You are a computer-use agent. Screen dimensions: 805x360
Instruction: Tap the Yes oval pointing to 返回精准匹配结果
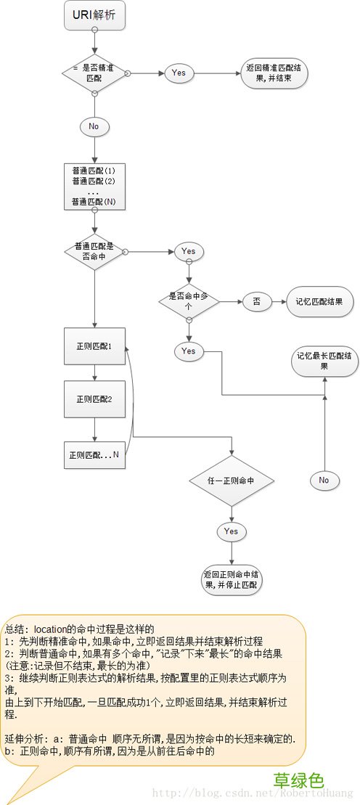click(179, 73)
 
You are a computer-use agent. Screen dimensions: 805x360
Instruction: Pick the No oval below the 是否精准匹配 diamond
click(94, 126)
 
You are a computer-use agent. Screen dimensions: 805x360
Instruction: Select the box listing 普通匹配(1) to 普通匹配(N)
click(94, 185)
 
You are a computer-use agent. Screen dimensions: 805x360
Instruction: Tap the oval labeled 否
click(256, 301)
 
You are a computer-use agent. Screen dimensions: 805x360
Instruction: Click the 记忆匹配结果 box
click(319, 301)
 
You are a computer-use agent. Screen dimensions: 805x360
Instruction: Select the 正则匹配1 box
click(94, 346)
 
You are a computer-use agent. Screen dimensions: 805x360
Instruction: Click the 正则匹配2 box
click(94, 399)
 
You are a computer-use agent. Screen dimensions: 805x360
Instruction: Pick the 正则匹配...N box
click(94, 454)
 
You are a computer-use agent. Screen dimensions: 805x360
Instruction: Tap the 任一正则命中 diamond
click(232, 481)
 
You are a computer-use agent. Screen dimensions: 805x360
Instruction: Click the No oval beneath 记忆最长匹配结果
click(324, 480)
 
